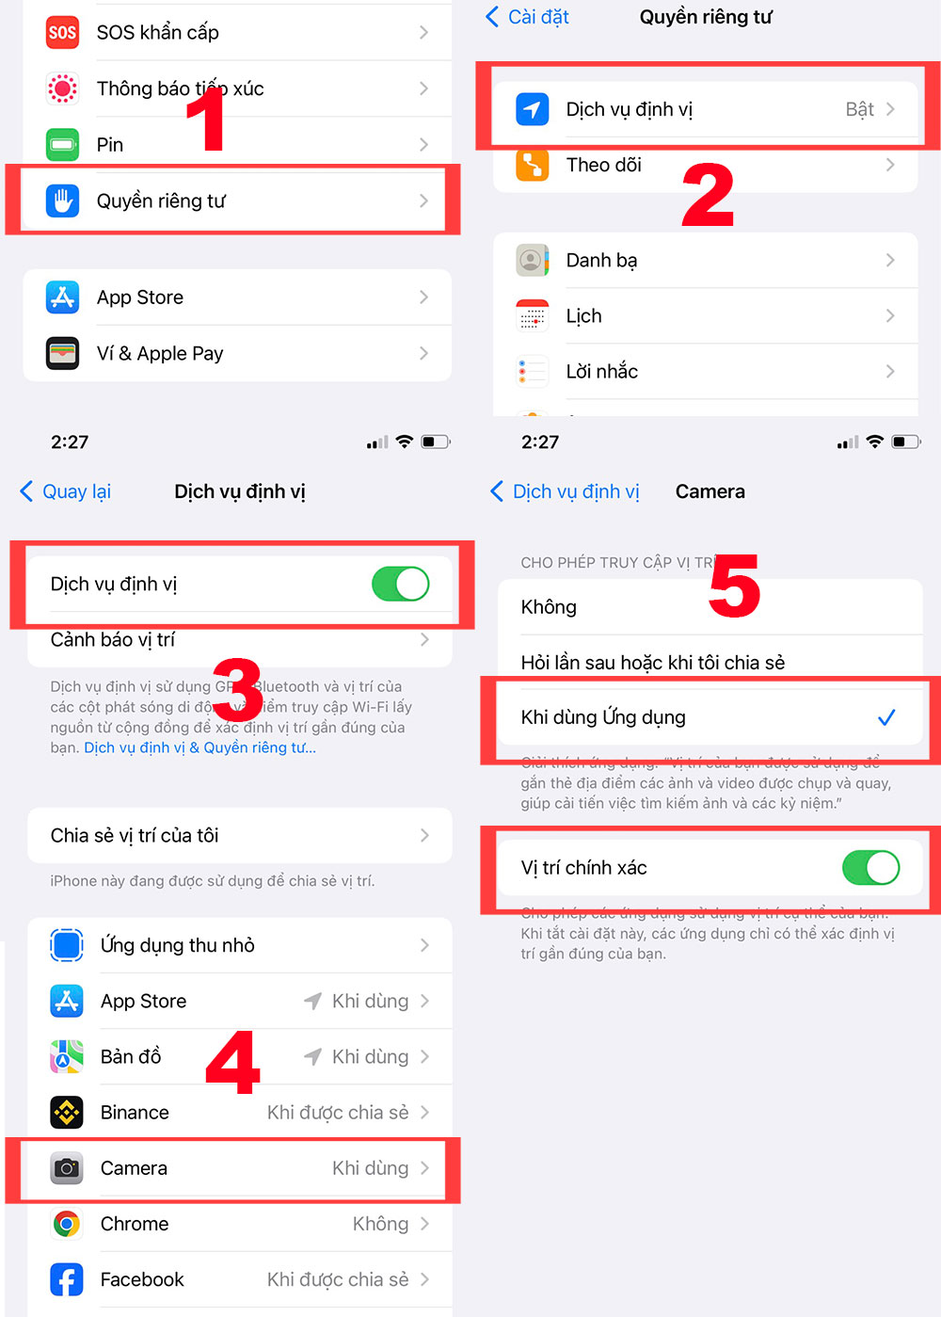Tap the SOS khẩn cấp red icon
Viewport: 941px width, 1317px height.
click(62, 33)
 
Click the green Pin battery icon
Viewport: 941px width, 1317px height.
click(62, 144)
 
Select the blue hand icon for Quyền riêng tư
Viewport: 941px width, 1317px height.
click(62, 201)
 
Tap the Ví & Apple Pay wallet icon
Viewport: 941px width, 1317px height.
click(62, 354)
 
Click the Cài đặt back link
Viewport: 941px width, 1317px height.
click(528, 17)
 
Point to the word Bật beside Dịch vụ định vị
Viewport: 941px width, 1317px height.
click(859, 110)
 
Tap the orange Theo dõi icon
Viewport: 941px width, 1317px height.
click(532, 165)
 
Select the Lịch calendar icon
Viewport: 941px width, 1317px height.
click(532, 316)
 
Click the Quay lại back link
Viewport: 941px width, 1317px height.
click(66, 491)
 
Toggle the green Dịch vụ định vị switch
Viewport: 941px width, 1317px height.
click(400, 584)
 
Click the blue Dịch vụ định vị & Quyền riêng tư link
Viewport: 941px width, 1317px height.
click(199, 747)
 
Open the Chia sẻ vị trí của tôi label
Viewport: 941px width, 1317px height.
click(135, 835)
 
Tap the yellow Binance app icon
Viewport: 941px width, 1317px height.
click(67, 1113)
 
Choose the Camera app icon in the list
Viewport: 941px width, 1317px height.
click(67, 1168)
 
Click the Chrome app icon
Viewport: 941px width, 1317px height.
click(67, 1224)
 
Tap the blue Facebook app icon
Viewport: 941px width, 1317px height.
click(67, 1279)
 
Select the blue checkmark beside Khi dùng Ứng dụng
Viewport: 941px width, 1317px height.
click(885, 717)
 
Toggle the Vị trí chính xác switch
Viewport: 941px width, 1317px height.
click(870, 868)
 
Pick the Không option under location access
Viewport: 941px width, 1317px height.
click(549, 607)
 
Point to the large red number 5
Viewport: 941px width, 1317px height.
click(734, 586)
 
